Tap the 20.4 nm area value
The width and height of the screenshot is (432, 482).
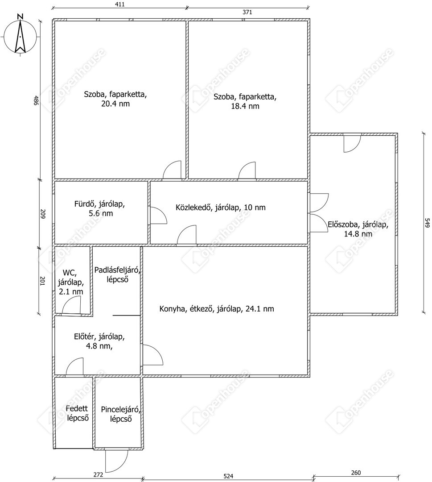click(115, 104)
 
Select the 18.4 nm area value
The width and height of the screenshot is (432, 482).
click(245, 106)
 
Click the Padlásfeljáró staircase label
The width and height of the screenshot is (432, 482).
click(118, 275)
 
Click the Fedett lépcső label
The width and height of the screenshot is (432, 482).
click(77, 413)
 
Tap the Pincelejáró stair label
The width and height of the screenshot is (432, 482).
click(121, 414)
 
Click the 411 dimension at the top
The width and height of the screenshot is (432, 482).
click(120, 4)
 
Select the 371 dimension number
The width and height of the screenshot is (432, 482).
click(247, 12)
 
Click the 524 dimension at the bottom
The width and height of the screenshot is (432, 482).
click(228, 476)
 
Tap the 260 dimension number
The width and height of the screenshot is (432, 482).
click(356, 473)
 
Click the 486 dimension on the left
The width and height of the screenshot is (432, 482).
click(36, 100)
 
